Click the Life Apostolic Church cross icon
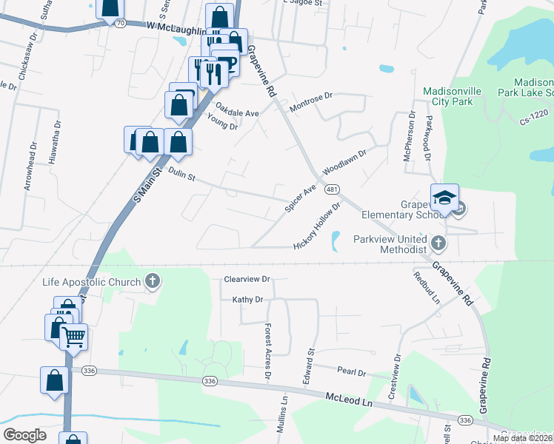153,281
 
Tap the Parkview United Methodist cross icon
438,242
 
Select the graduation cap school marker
444,198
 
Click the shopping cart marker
73,338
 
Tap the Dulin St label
181,175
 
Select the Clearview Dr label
247,280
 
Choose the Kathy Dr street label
248,300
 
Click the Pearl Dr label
352,372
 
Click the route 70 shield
120,24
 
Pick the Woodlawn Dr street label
344,159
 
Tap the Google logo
24,435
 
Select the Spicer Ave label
300,198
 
